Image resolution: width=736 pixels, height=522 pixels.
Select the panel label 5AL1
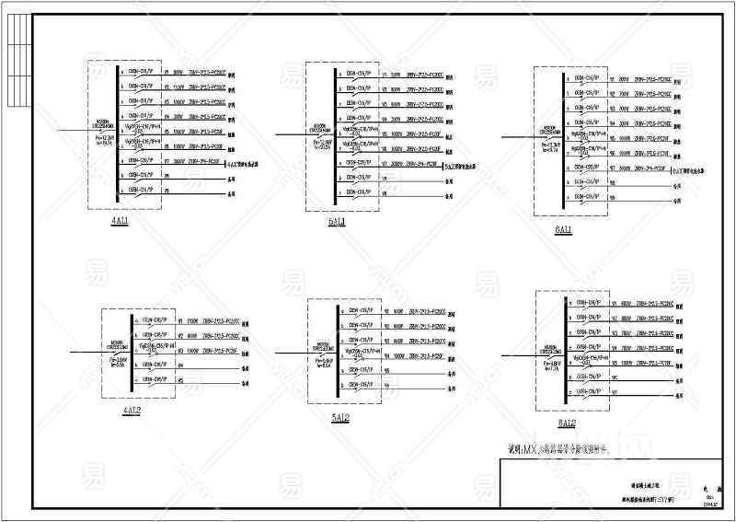[x=337, y=222]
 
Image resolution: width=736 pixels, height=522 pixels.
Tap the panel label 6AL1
[x=563, y=229]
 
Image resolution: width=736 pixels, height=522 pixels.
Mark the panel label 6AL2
[x=565, y=423]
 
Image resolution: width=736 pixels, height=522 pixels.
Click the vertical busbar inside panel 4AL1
[x=117, y=133]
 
